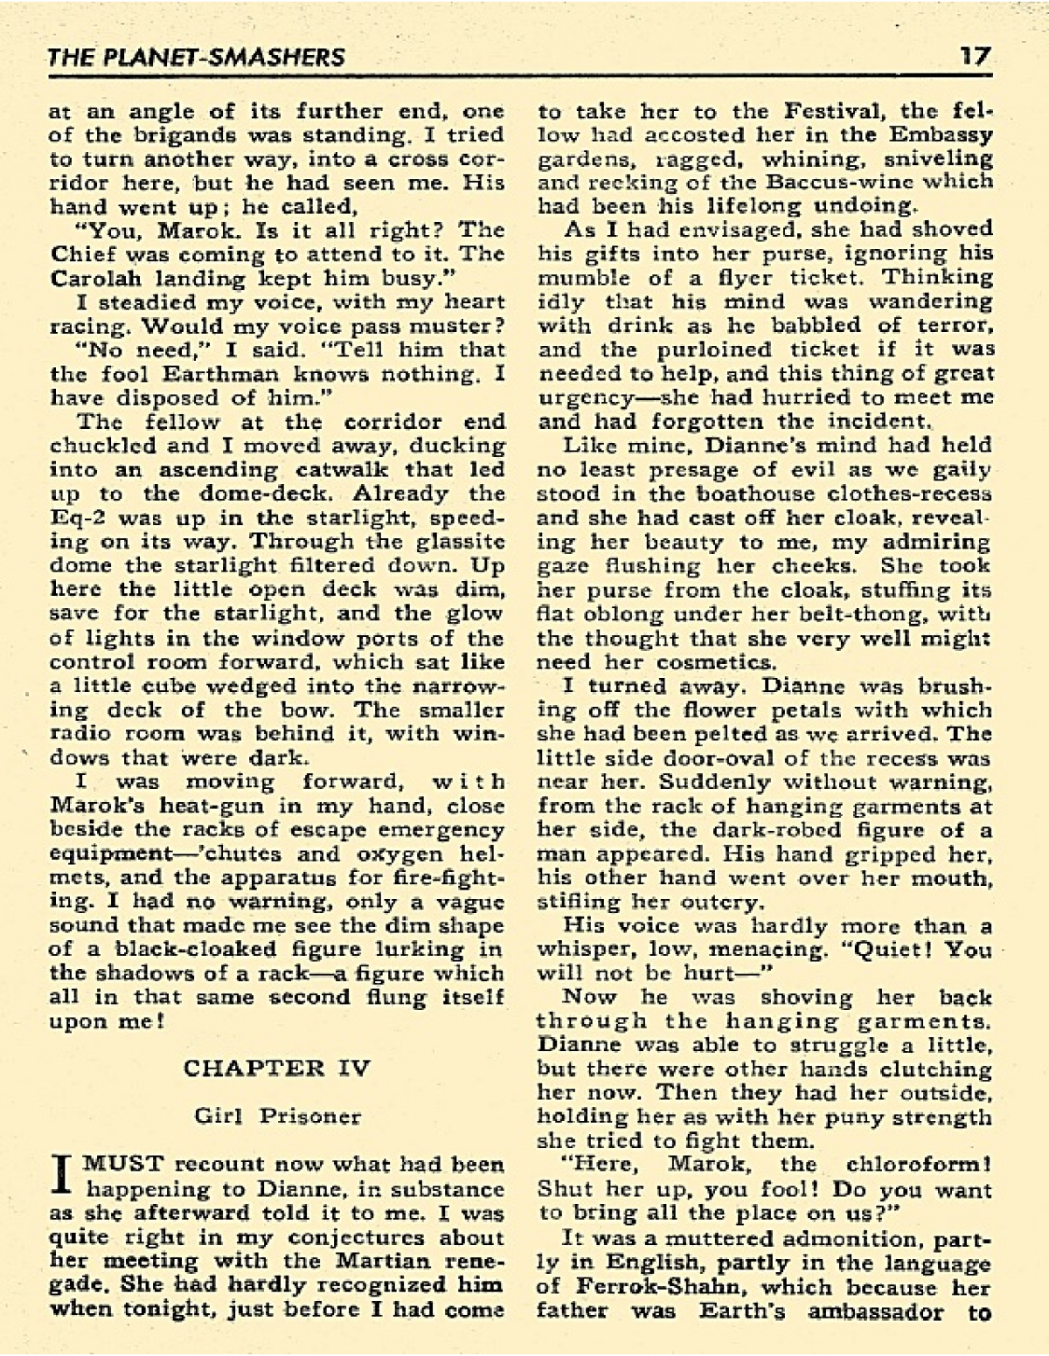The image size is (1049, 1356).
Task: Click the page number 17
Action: pos(974,57)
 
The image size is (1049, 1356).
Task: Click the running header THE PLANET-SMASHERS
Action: pos(197,59)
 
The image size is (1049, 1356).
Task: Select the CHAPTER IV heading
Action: pos(277,1068)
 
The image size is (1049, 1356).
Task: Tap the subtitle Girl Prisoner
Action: pos(277,1116)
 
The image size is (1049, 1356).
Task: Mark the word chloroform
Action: pos(918,1165)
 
